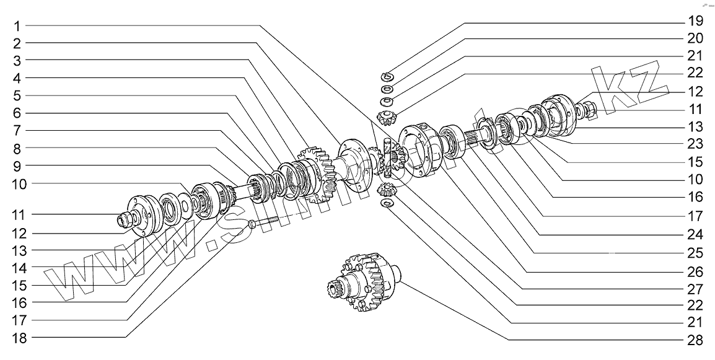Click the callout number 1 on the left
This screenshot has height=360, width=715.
click(x=18, y=26)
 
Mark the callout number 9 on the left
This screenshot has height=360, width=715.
click(x=18, y=166)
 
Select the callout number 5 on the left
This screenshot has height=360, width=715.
click(x=18, y=95)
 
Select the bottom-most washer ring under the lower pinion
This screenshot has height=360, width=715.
click(x=387, y=204)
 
